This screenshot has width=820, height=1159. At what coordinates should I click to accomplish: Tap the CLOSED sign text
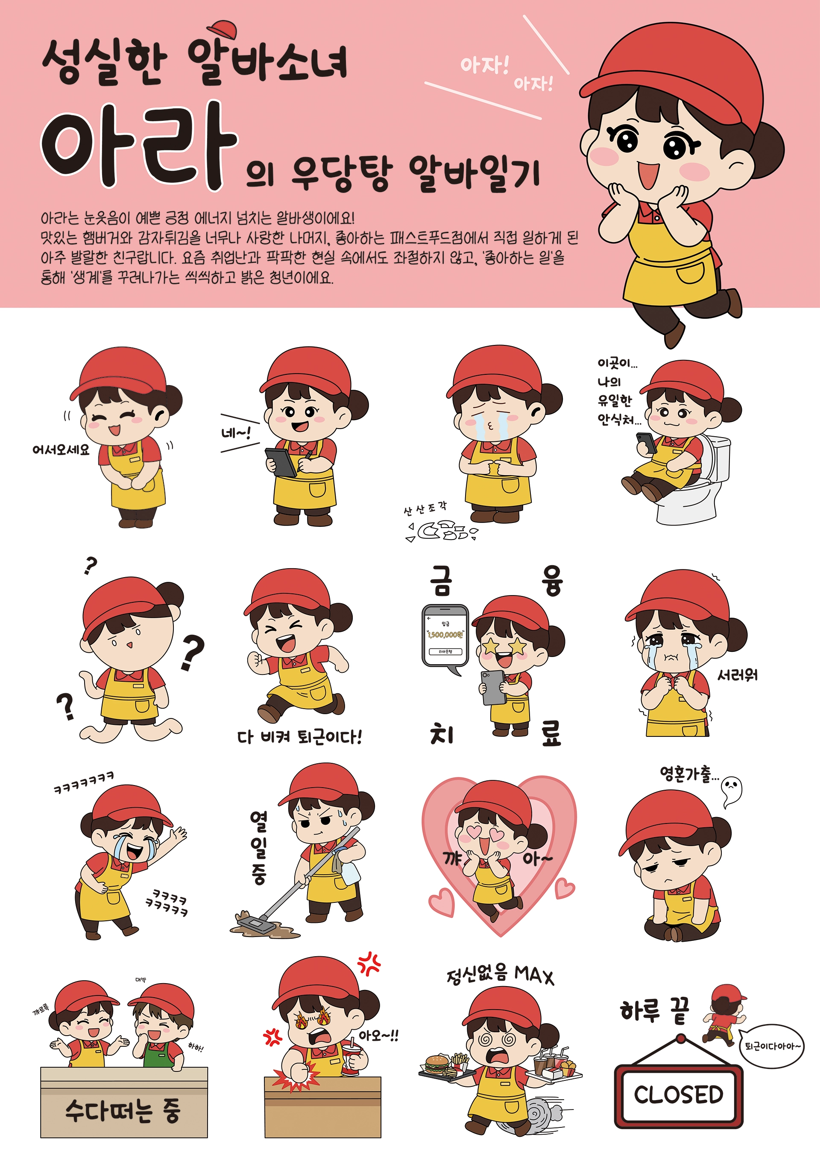coord(678,1095)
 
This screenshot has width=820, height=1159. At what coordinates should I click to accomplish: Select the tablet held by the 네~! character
coord(281,461)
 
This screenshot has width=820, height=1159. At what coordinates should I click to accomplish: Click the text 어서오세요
coord(61,449)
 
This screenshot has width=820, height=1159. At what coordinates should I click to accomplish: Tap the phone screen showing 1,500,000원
coord(445,634)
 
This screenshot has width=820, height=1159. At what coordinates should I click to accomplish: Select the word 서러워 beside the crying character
coord(737,675)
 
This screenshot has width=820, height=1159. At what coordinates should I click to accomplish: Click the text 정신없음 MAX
coord(500,974)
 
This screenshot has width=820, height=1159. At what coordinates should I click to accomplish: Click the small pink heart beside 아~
coord(565,888)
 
